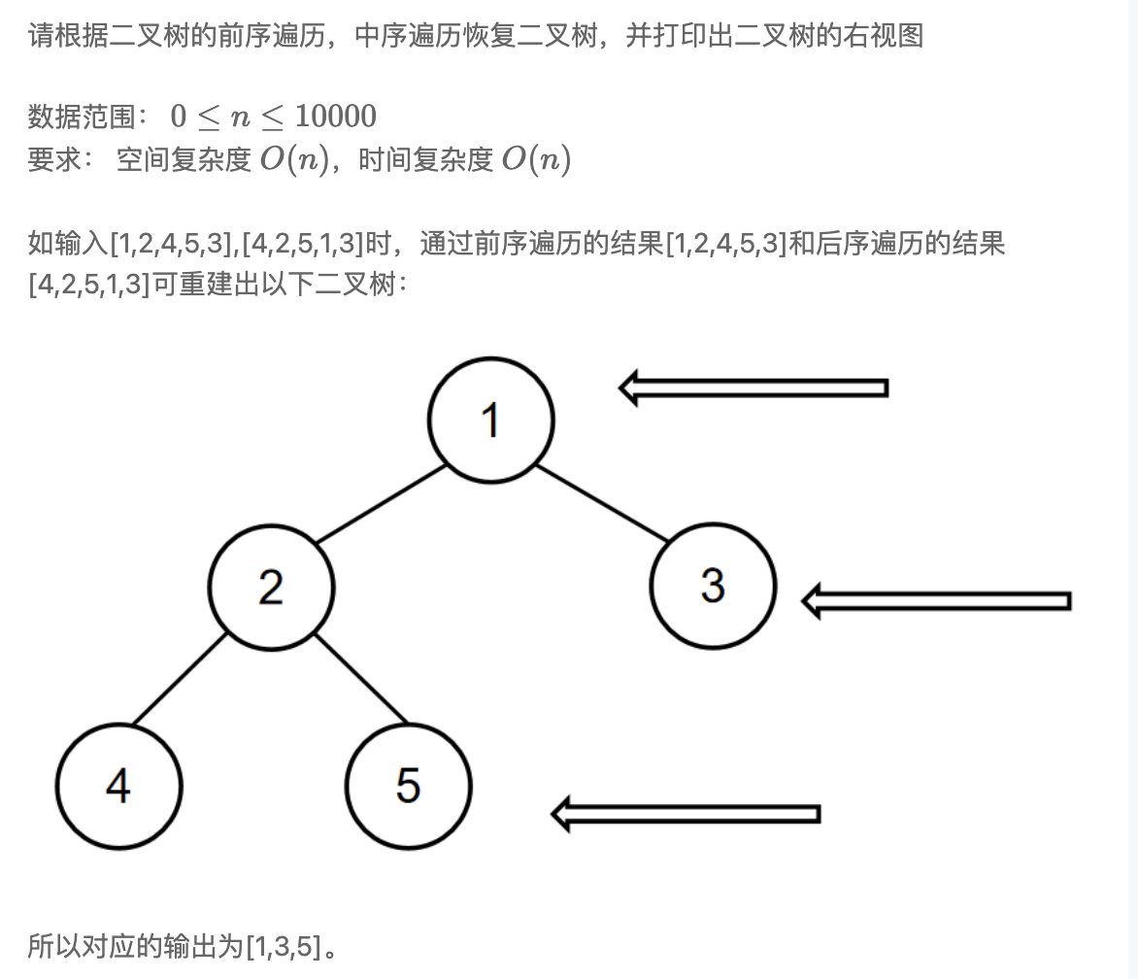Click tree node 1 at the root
point(491,420)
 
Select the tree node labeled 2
point(272,588)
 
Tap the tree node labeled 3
point(713,585)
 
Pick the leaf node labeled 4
point(119,786)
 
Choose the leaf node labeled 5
point(409,786)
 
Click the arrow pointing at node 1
point(753,388)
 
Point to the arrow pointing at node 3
point(936,601)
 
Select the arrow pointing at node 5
point(686,814)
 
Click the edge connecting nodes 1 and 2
point(382,504)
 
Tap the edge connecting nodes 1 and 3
point(602,503)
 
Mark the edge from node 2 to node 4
point(180,679)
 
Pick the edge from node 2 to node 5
point(360,679)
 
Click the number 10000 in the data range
point(336,117)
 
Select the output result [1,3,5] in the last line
point(284,946)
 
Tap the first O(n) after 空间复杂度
point(294,159)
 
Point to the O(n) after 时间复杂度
point(536,159)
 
